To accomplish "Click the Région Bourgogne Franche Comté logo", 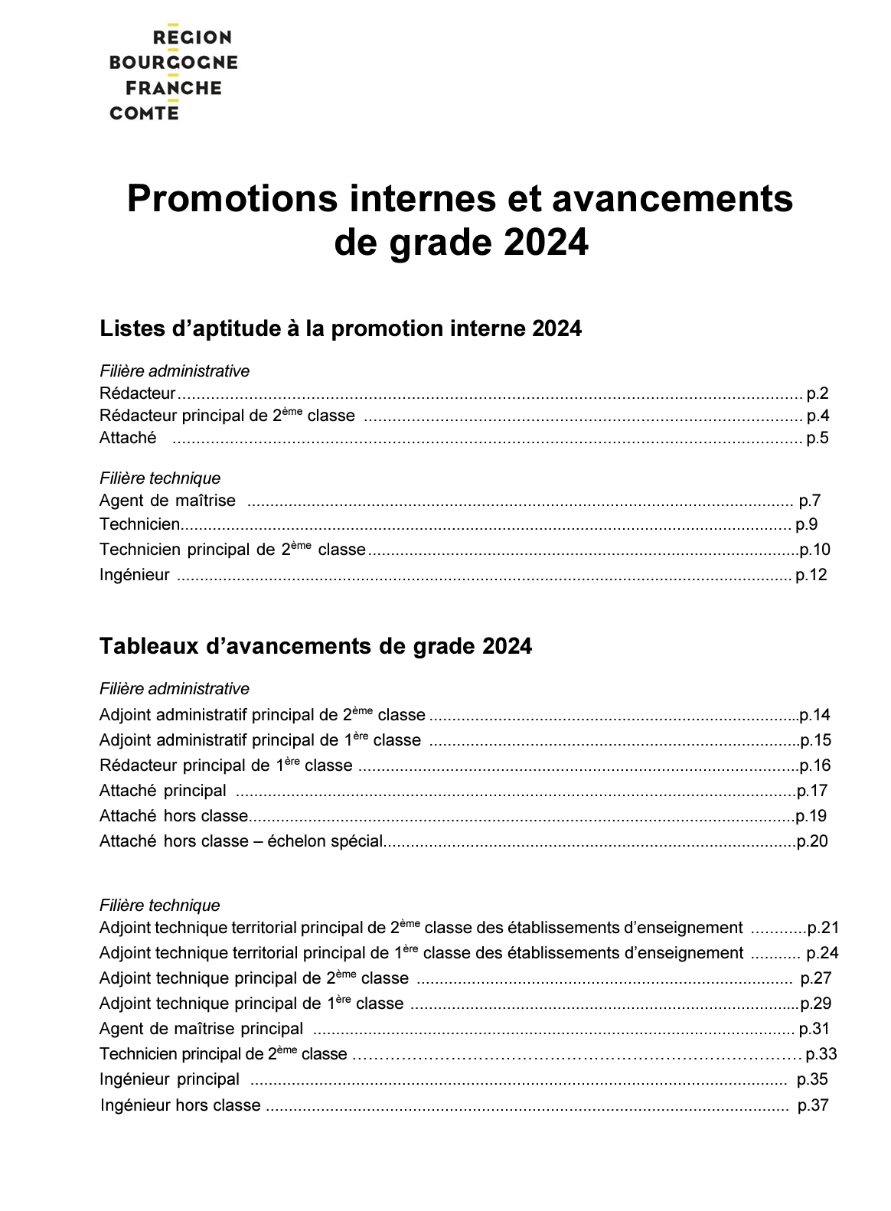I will point(174,74).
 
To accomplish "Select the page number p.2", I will point(818,394).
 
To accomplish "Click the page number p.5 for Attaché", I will point(818,439).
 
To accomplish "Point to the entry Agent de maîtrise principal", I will point(201,1029).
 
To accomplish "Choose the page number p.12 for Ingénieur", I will point(811,575).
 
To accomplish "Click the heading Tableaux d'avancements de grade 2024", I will point(315,647).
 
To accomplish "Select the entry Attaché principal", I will point(163,791).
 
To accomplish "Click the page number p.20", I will point(812,841).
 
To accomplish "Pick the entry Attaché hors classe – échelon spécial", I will point(240,841).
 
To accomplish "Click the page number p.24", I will point(822,953).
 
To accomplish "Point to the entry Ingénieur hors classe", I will point(181,1105).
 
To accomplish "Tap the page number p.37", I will point(813,1105).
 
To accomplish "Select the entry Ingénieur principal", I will point(169,1079).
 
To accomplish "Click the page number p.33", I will point(821,1054).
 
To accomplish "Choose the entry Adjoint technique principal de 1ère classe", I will point(251,1004).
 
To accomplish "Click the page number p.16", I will point(815,765).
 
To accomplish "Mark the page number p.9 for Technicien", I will point(807,524).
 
